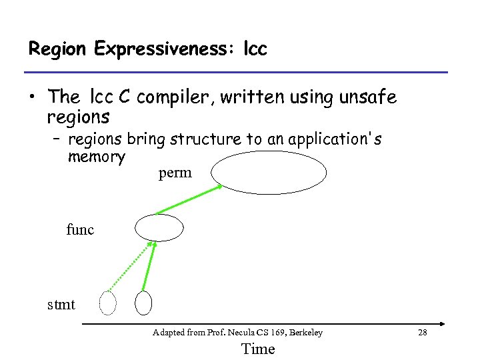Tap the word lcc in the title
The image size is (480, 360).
255,49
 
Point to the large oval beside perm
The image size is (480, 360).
269,172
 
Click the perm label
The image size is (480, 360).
175,173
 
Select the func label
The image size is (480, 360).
80,230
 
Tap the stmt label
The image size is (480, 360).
61,305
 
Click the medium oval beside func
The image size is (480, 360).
159,227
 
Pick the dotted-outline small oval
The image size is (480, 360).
107,303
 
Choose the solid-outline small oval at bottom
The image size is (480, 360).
143,303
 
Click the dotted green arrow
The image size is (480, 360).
129,266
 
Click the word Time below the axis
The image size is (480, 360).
257,349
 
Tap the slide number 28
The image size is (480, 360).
421,332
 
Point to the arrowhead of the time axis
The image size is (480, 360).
441,324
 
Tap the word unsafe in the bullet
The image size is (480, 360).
368,97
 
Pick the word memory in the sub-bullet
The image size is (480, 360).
96,157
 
